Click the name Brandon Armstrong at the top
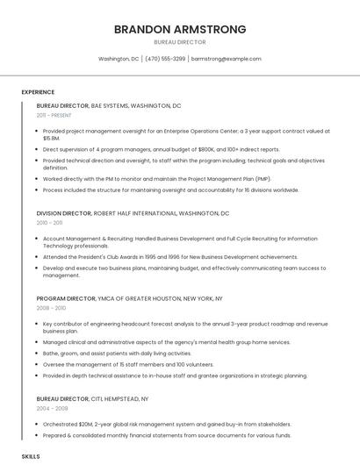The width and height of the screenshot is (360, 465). tap(179, 29)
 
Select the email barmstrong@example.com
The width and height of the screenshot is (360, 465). tap(226, 59)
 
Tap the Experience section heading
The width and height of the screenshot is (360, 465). tap(38, 92)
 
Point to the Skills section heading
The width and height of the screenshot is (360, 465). tap(31, 457)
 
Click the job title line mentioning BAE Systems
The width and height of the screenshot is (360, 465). tap(109, 105)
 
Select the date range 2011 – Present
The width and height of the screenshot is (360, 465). tap(54, 115)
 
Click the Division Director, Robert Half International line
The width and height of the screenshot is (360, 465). tap(133, 213)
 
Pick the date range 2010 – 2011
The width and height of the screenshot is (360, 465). tap(50, 223)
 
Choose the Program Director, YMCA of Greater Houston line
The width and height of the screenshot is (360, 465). tap(129, 298)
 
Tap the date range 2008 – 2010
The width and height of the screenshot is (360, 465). tap(51, 308)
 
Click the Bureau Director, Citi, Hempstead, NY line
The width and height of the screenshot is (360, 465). tap(92, 398)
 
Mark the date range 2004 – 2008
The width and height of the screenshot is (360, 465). tap(51, 408)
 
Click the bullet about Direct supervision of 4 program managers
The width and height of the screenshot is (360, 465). tap(161, 150)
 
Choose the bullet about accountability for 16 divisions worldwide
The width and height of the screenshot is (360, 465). tap(170, 190)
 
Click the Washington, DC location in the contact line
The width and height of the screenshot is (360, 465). tap(119, 59)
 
